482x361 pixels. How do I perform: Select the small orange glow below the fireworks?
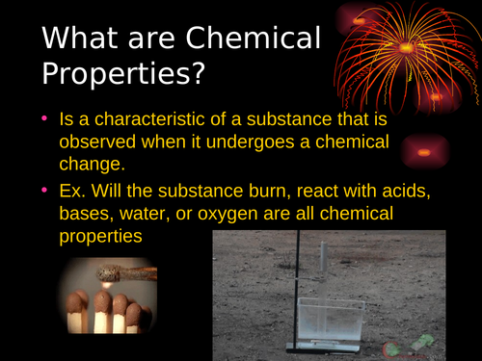click(425, 150)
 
